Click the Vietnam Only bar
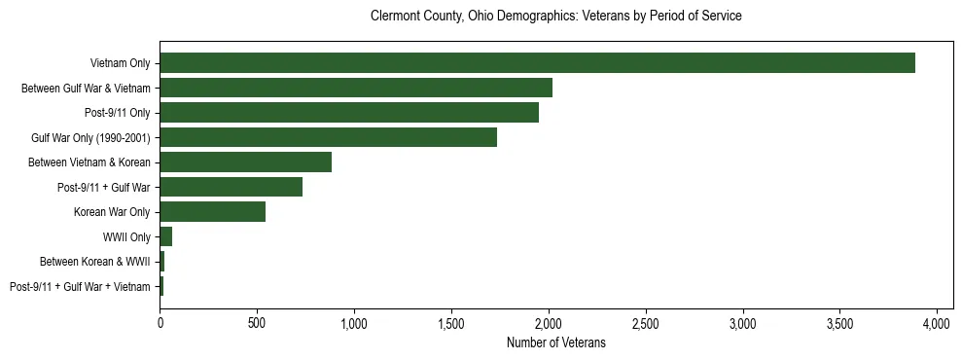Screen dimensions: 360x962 (537, 63)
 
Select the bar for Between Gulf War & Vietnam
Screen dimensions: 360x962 (356, 88)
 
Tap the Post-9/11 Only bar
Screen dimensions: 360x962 (349, 113)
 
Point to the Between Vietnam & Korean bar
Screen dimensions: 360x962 (245, 162)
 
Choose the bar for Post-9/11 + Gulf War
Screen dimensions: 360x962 (231, 187)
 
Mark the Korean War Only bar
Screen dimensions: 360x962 (212, 211)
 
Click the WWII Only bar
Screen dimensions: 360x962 (165, 236)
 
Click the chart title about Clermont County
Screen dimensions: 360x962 (555, 17)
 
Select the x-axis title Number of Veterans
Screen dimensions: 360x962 (555, 342)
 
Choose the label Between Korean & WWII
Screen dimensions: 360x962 (95, 262)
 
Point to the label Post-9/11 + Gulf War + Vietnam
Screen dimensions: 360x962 (80, 286)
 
